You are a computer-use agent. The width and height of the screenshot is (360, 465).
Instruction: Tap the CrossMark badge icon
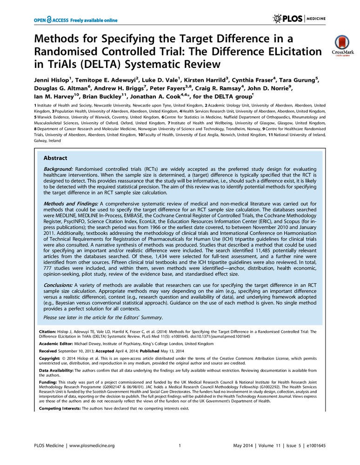(340, 46)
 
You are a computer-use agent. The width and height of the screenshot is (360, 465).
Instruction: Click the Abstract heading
(56, 158)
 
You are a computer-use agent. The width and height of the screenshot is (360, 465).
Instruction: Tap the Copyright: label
(50, 359)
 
